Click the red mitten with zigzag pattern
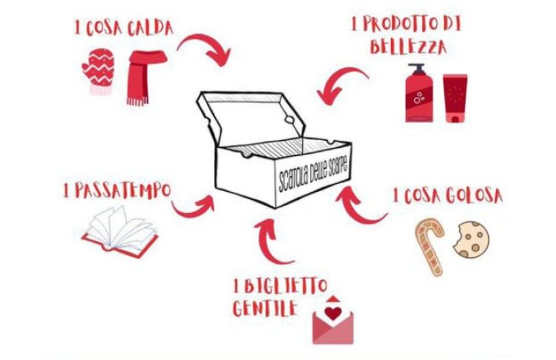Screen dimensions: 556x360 [x=98, y=71]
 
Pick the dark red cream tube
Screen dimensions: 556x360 [x=455, y=98]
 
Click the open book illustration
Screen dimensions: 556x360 [x=120, y=232]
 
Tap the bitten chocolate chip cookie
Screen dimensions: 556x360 [x=472, y=239]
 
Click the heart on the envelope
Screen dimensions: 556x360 [x=333, y=312]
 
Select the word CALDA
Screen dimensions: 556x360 [x=150, y=28]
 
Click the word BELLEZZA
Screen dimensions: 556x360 [x=408, y=47]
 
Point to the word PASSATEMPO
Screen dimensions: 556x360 [x=122, y=190]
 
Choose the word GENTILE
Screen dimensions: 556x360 [x=264, y=308]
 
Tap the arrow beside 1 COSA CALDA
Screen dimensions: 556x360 [x=203, y=48]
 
